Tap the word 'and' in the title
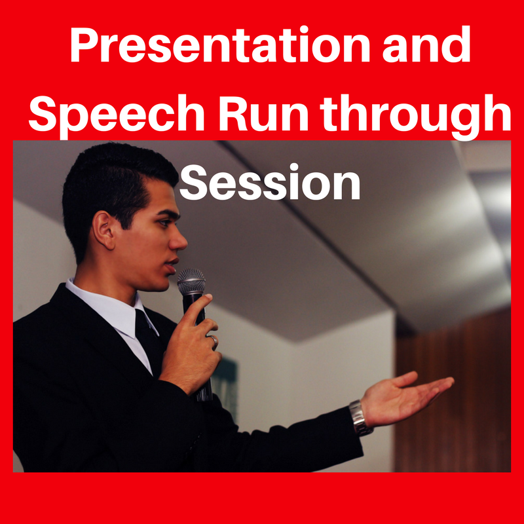tap(426, 45)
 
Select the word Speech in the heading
tap(117, 113)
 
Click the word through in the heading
tap(415, 115)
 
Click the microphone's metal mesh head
tap(191, 281)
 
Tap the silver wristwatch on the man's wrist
tap(360, 418)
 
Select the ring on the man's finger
tap(214, 341)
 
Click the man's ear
tap(103, 230)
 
